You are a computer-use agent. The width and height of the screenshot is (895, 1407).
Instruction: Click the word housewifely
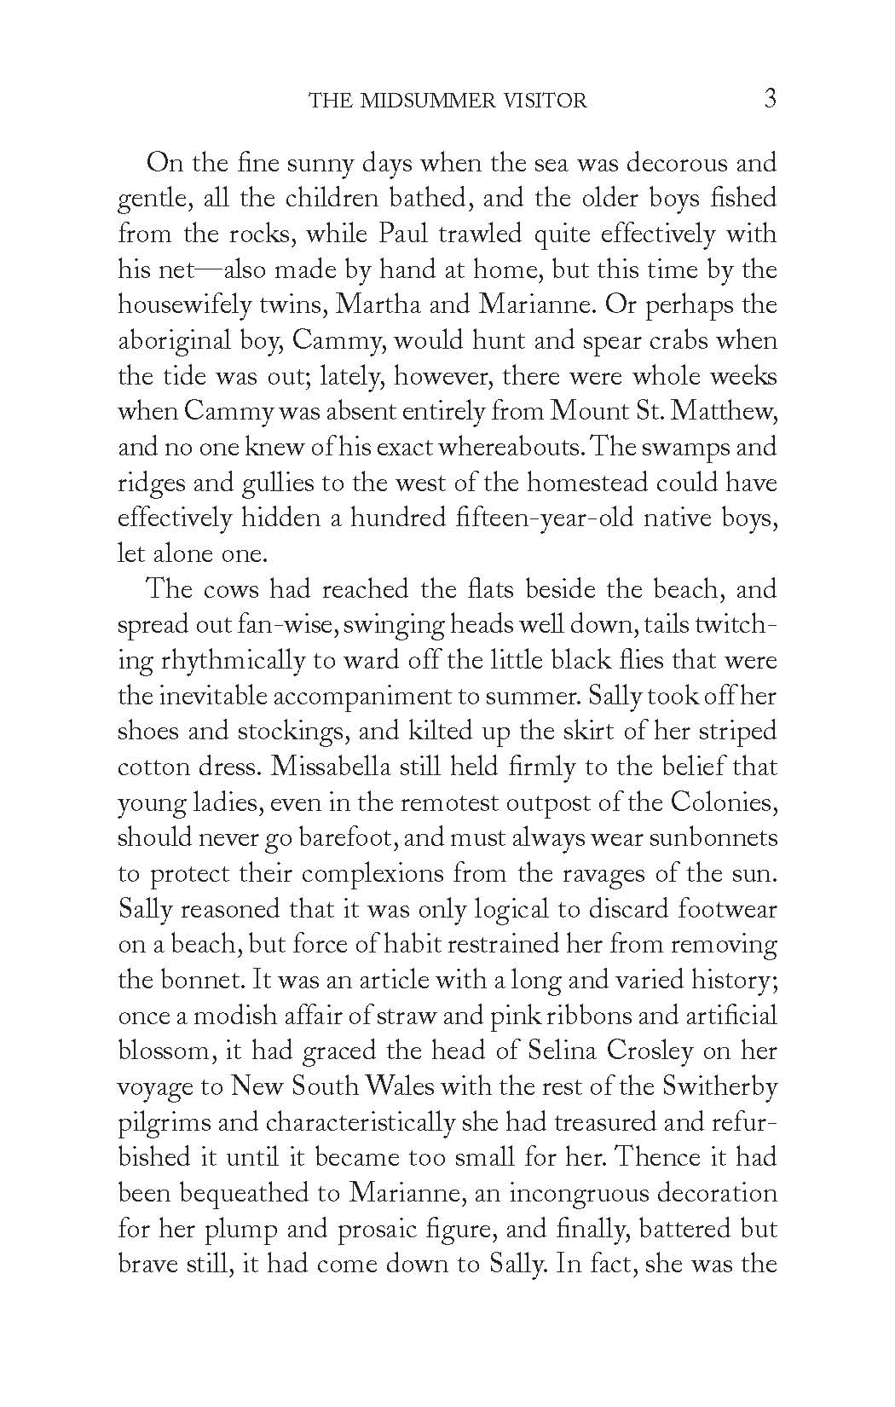pos(193,305)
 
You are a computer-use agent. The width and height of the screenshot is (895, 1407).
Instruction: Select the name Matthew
pos(727,412)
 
